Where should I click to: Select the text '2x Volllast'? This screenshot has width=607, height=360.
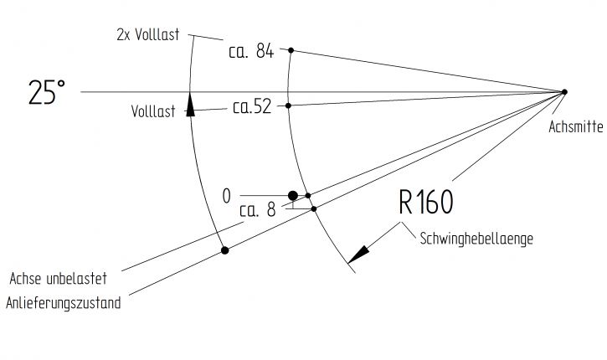152,36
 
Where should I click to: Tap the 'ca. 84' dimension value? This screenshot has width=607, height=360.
251,51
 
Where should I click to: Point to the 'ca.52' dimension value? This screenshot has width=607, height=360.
252,108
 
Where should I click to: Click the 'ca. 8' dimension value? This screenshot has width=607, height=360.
257,211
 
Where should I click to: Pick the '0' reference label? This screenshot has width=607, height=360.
226,196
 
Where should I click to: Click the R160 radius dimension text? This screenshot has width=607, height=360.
425,203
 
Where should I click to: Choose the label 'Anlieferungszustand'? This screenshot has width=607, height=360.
64,303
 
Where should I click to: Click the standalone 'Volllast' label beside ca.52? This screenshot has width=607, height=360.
153,111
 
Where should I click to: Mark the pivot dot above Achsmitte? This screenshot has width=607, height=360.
564,91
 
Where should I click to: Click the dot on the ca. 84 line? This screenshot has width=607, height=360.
291,50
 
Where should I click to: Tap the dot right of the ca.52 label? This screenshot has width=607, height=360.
288,105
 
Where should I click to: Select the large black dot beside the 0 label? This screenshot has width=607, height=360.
292,196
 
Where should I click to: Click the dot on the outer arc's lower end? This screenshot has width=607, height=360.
224,249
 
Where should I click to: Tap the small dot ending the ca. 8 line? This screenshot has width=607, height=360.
314,208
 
